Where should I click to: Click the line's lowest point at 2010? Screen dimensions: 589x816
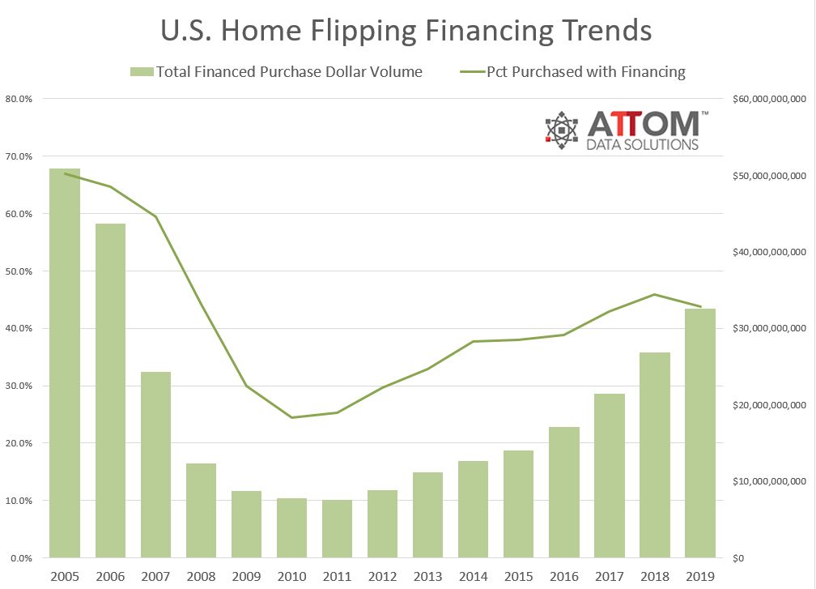[291, 417]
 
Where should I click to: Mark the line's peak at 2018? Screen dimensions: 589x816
[655, 294]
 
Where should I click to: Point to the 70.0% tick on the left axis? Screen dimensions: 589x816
[19, 156]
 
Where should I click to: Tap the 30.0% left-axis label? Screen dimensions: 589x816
[19, 386]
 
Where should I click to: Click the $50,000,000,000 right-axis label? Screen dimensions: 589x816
[764, 176]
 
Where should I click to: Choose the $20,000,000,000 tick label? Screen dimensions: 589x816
[764, 405]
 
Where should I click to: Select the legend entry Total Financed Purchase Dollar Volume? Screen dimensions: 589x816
[288, 72]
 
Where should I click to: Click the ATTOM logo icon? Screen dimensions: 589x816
[562, 129]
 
